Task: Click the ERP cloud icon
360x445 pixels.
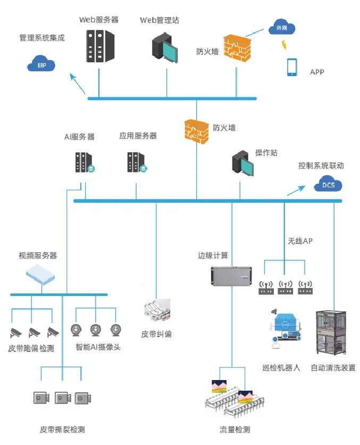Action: click(x=41, y=63)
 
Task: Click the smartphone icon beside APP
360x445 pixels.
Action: click(x=292, y=67)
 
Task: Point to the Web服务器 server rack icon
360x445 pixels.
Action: click(x=101, y=46)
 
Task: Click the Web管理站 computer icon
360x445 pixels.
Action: click(x=165, y=48)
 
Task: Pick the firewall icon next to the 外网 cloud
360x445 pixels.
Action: click(x=237, y=48)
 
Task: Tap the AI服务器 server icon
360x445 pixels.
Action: click(x=85, y=162)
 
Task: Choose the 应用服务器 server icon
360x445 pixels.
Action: click(x=137, y=162)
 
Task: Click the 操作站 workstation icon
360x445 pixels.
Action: click(x=242, y=163)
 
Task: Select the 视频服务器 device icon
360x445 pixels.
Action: click(x=40, y=275)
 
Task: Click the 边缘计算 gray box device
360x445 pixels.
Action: click(x=231, y=276)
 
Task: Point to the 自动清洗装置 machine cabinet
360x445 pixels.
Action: click(x=331, y=333)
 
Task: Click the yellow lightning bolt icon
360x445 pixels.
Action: click(x=284, y=45)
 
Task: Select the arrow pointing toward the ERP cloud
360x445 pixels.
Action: click(x=78, y=84)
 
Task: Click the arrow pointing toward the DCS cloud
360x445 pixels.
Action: click(x=296, y=191)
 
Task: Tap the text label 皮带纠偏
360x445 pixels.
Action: click(x=156, y=334)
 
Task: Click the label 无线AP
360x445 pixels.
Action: click(x=300, y=241)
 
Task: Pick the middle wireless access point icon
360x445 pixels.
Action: click(x=285, y=287)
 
